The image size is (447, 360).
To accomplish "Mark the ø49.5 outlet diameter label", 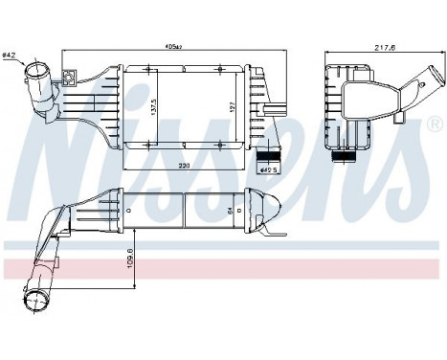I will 269,171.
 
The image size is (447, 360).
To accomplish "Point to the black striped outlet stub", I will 272,151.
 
